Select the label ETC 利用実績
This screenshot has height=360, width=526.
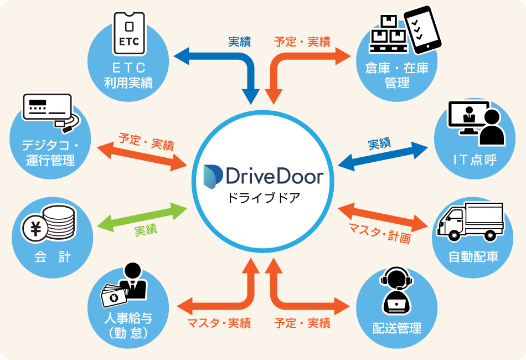[128, 76]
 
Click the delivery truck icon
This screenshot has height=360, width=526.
[470, 222]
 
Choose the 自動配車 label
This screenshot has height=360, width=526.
[473, 257]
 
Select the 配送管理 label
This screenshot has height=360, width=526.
[397, 328]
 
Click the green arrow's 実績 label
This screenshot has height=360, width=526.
[146, 229]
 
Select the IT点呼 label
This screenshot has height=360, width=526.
[473, 160]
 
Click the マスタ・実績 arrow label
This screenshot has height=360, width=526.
[219, 323]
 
